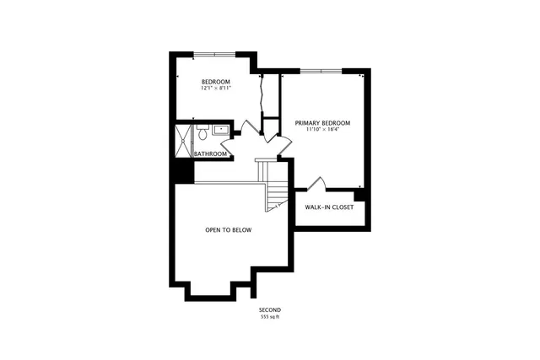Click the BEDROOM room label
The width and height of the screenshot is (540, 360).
click(x=215, y=82)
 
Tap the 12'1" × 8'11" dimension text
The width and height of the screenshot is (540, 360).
click(x=215, y=88)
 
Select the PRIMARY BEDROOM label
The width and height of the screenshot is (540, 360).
click(x=322, y=123)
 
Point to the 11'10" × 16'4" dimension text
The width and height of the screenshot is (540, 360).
click(x=322, y=130)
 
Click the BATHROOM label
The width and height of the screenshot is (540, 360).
click(x=211, y=154)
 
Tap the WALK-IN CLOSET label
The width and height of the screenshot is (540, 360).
click(x=329, y=207)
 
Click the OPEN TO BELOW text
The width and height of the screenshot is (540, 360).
click(x=229, y=229)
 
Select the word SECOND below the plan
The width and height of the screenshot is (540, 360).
click(x=270, y=310)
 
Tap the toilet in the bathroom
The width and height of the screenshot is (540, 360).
click(x=203, y=134)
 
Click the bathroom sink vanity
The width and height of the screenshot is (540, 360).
click(x=219, y=130)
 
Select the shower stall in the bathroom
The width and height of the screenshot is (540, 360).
click(x=184, y=141)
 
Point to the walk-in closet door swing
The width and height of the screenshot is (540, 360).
click(x=316, y=184)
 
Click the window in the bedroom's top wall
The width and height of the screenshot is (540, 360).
click(x=214, y=55)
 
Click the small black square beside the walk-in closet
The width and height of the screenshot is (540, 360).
click(x=359, y=195)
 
